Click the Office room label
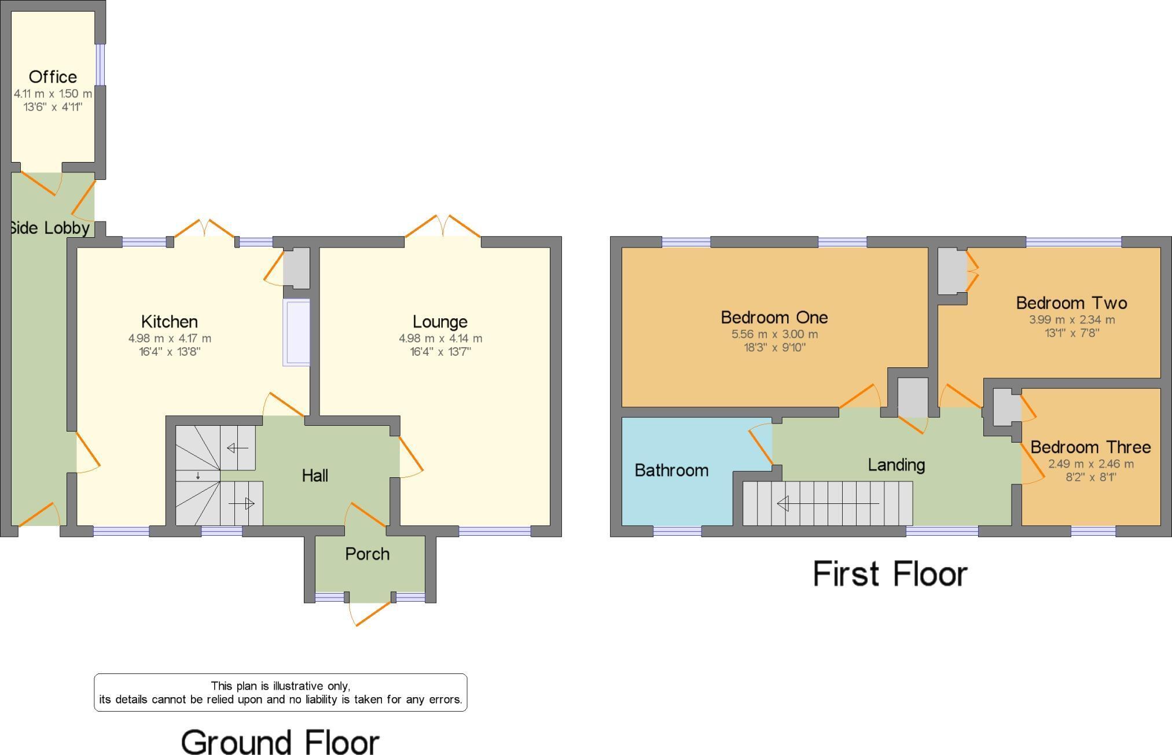[53, 77]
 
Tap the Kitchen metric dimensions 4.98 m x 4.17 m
[170, 338]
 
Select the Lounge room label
[440, 322]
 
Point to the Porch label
[367, 554]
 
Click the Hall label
[315, 476]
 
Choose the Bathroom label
[671, 470]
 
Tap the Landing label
[896, 465]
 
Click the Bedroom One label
[774, 317]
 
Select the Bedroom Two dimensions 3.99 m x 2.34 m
[1071, 319]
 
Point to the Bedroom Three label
[1090, 447]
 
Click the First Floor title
[890, 574]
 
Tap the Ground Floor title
[280, 742]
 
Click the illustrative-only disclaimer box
[280, 693]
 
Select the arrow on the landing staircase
[828, 504]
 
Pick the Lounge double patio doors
[443, 227]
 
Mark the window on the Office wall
[101, 64]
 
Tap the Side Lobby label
[50, 228]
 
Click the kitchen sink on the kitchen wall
[296, 333]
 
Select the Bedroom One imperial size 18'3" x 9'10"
[774, 348]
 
